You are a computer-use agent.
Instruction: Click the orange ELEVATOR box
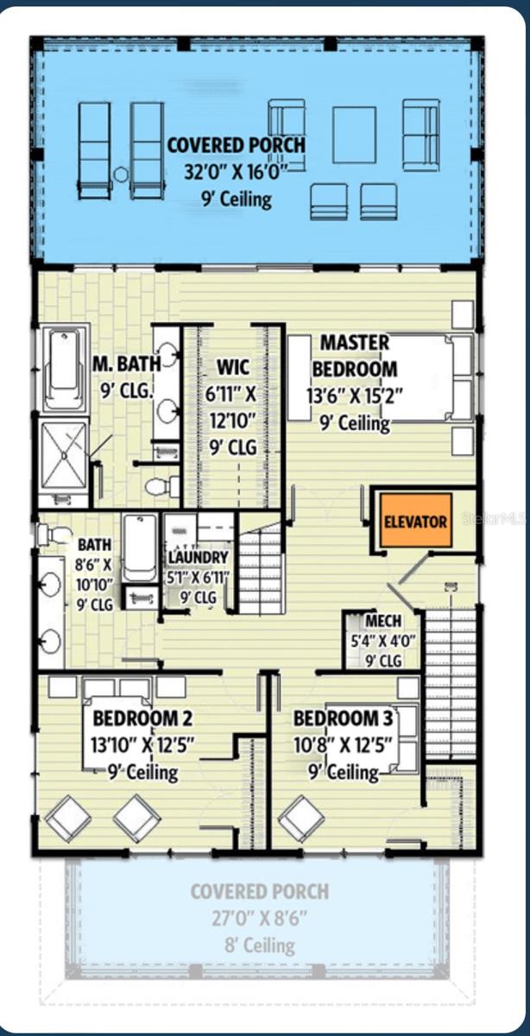pyautogui.click(x=416, y=521)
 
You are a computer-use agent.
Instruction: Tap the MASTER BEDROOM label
pyautogui.click(x=355, y=356)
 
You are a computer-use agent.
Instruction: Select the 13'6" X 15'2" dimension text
pyautogui.click(x=354, y=396)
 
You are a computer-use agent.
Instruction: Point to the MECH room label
pyautogui.click(x=383, y=621)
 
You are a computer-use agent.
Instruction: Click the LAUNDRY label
pyautogui.click(x=198, y=558)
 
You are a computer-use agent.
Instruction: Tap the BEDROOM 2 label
pyautogui.click(x=142, y=718)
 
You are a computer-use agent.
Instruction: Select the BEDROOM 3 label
pyautogui.click(x=344, y=718)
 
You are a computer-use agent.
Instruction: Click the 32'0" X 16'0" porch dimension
pyautogui.click(x=237, y=172)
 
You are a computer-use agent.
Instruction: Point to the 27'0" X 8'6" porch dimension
pyautogui.click(x=260, y=918)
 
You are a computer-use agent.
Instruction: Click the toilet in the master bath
pyautogui.click(x=162, y=487)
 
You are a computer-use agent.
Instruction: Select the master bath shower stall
pyautogui.click(x=64, y=455)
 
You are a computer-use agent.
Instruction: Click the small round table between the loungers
pyautogui.click(x=121, y=174)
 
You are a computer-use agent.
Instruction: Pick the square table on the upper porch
pyautogui.click(x=354, y=135)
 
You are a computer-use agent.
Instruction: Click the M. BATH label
pyautogui.click(x=126, y=363)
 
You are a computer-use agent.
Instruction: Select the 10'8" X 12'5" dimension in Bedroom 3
pyautogui.click(x=344, y=745)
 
